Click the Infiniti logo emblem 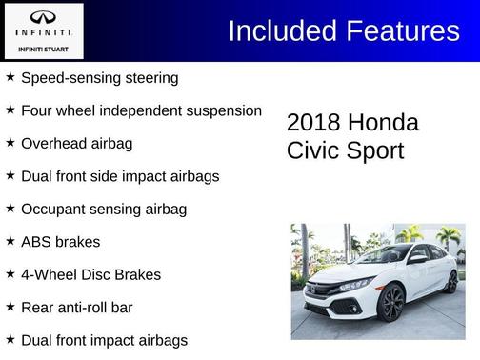coord(43,17)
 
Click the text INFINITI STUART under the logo coord(43,48)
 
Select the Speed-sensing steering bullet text coord(99,77)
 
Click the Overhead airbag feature coord(76,143)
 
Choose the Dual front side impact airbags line coord(120,176)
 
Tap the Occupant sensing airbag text coord(103,209)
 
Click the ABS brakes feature coord(60,242)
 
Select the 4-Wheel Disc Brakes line coord(90,274)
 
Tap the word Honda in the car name coord(383,123)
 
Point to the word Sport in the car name coord(374,150)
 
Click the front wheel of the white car coord(391,304)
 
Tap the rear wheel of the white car coord(450,282)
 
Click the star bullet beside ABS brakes coord(10,241)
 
